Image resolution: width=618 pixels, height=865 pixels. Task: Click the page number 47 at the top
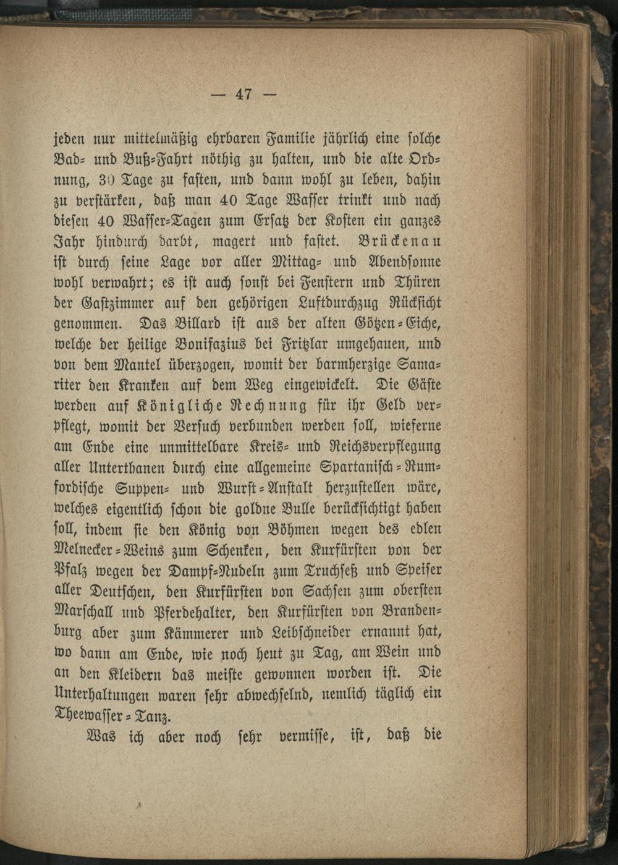pos(243,95)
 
